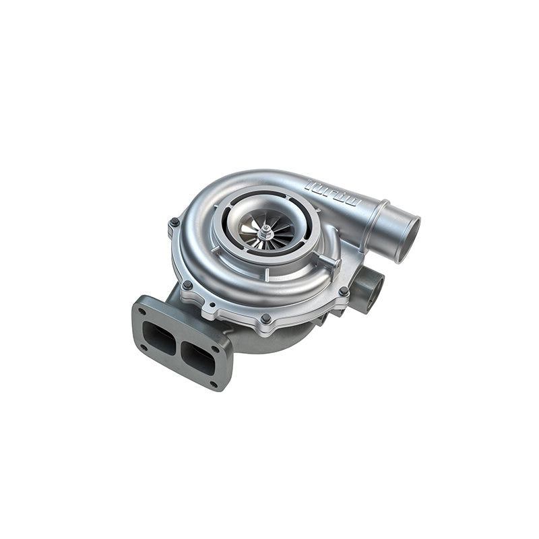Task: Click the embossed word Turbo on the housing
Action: point(334,193)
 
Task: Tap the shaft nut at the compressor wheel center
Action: point(267,232)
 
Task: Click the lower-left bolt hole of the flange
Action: point(143,348)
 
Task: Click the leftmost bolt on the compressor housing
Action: point(175,222)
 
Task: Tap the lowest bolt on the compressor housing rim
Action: point(266,318)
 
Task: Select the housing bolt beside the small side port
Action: point(344,291)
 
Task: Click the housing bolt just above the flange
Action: point(187,285)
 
